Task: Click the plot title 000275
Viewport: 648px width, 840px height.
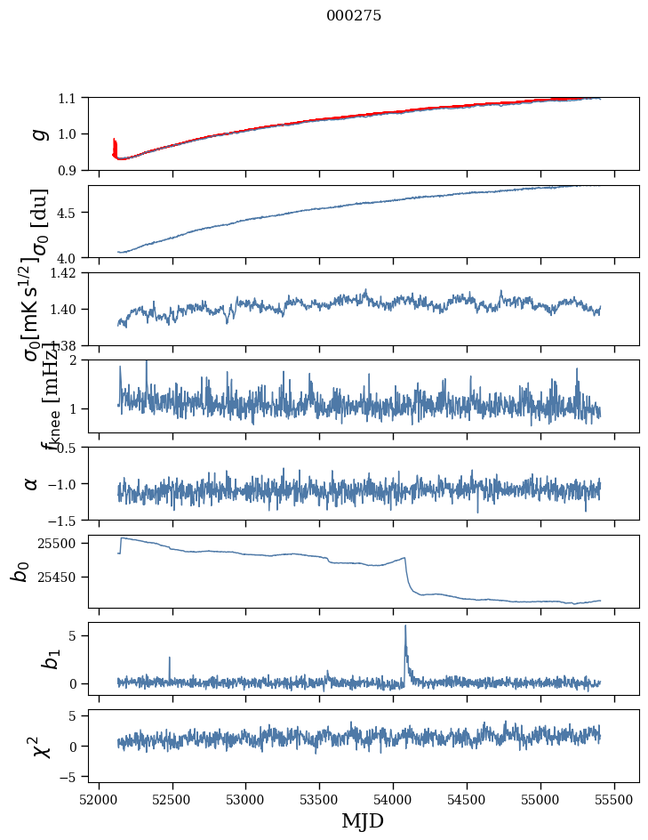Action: click(x=354, y=16)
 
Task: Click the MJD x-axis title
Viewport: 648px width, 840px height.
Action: click(x=363, y=821)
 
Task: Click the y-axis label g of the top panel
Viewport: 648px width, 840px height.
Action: click(x=38, y=133)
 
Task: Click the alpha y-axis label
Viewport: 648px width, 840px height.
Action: click(x=32, y=483)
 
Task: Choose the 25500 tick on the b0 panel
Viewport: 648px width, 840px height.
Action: click(x=62, y=543)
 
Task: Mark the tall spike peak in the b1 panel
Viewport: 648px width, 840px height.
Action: click(x=405, y=626)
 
